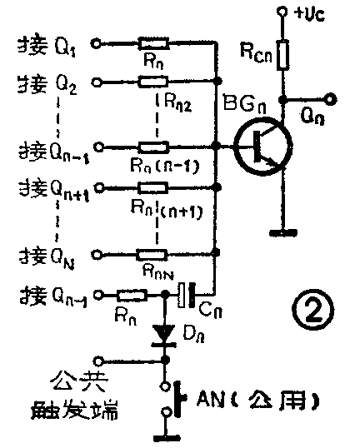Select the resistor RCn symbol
click(x=283, y=56)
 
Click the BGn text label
click(x=243, y=104)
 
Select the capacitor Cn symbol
click(x=187, y=292)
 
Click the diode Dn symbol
click(x=164, y=332)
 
